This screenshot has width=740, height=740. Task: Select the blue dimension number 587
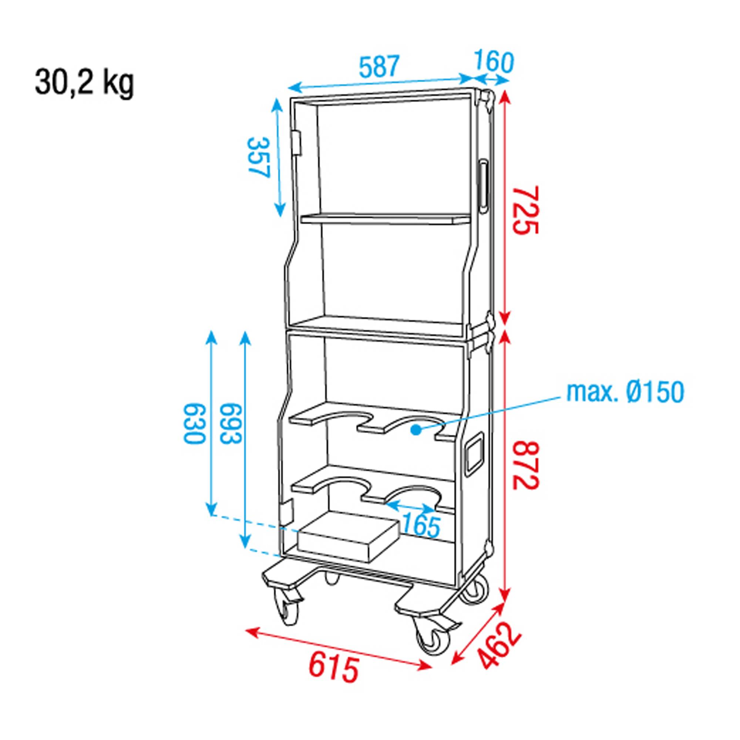tap(379, 66)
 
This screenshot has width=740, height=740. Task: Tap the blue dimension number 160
tap(494, 63)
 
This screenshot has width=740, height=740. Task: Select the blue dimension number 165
tap(421, 526)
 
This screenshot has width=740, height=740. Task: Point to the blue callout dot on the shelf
tap(414, 430)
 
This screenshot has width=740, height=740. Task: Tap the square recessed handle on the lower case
tap(475, 454)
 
